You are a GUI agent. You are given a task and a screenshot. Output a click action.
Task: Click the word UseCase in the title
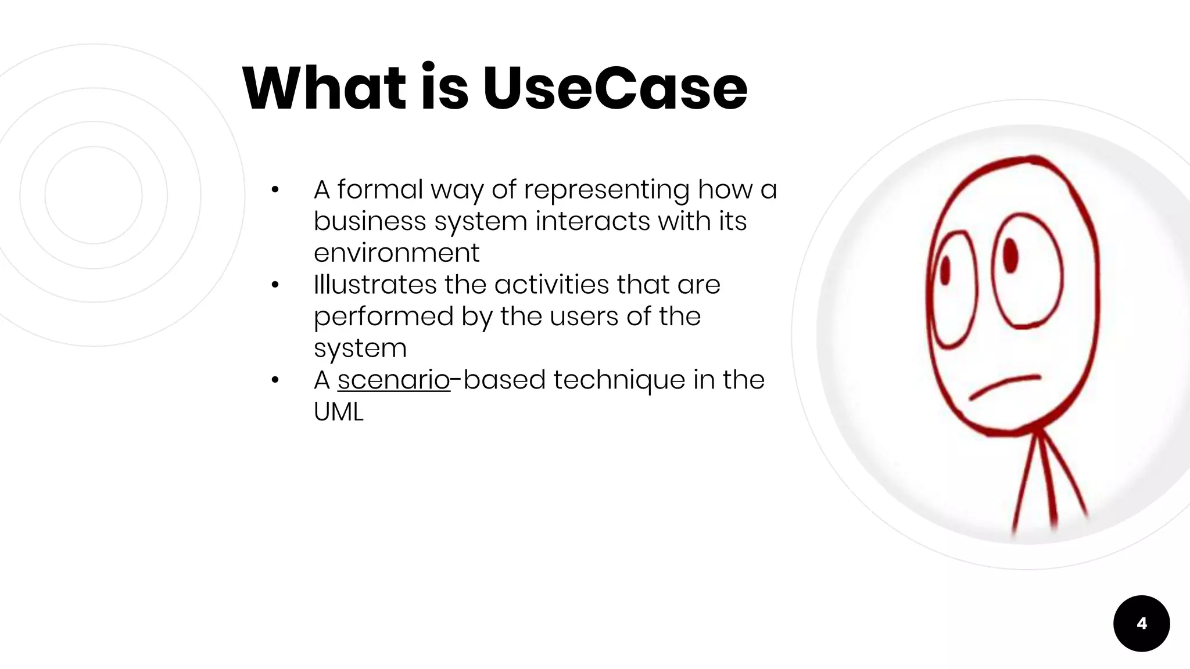pyautogui.click(x=614, y=88)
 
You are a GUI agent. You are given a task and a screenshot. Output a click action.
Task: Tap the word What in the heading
pyautogui.click(x=324, y=88)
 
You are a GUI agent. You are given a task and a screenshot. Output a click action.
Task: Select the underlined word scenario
pyautogui.click(x=393, y=380)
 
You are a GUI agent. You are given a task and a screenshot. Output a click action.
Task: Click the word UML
pyautogui.click(x=338, y=412)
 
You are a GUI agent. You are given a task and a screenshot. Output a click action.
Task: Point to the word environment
pyautogui.click(x=396, y=253)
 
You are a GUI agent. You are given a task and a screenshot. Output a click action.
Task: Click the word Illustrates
pyautogui.click(x=375, y=285)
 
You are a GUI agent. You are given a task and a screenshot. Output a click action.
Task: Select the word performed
pyautogui.click(x=383, y=317)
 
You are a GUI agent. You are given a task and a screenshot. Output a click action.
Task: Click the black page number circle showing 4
pyautogui.click(x=1141, y=623)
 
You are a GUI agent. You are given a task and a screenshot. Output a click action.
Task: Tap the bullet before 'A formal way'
pyautogui.click(x=275, y=190)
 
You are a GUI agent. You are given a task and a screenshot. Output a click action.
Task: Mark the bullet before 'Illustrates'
pyautogui.click(x=275, y=285)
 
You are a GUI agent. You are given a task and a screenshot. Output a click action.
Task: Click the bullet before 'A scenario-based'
pyautogui.click(x=275, y=380)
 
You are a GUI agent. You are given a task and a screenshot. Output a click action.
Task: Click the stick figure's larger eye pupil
pyautogui.click(x=1010, y=255)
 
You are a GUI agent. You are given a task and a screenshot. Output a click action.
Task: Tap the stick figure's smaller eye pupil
pyautogui.click(x=945, y=271)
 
